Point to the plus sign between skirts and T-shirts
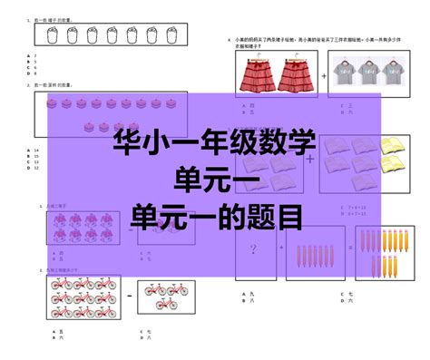(x=323, y=76)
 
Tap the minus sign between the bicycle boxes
(x=129, y=297)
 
